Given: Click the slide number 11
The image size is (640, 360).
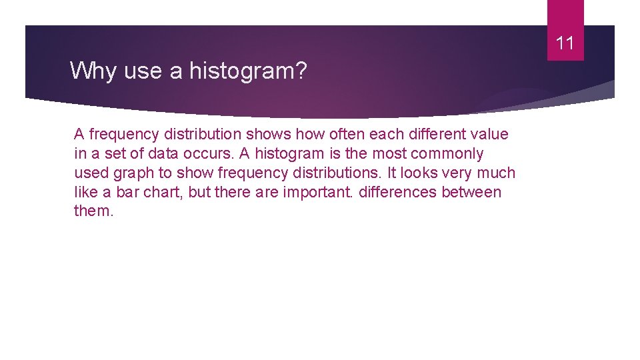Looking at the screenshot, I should pos(565,44).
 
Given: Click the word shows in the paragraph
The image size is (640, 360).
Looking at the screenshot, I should pos(270,134).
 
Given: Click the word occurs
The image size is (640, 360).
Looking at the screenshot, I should pos(209,153).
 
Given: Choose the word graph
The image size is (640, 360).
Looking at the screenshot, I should pos(135,173).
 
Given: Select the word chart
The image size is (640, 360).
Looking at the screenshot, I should pos(159,192).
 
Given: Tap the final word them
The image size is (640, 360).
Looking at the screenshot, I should pos(93,211).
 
